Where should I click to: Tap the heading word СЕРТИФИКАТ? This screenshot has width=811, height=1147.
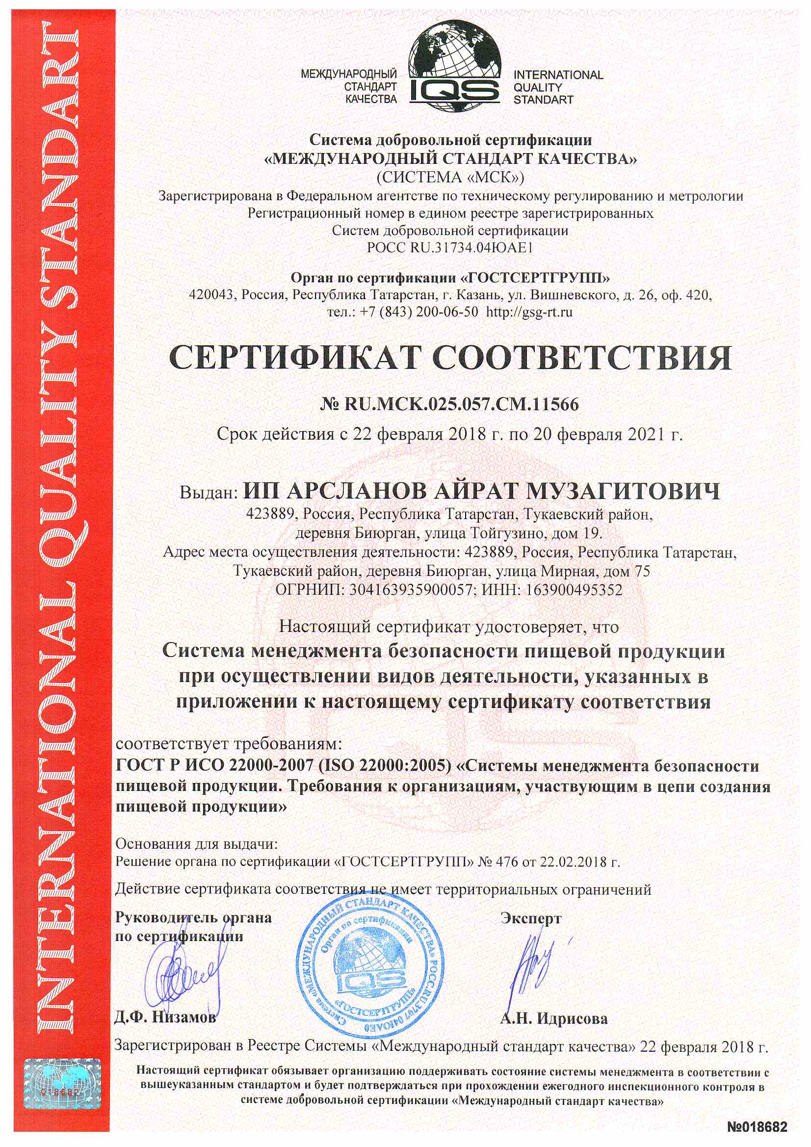[x=293, y=358]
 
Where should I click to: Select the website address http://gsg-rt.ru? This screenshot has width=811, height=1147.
[x=529, y=313]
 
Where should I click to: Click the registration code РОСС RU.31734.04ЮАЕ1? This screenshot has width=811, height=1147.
[x=450, y=248]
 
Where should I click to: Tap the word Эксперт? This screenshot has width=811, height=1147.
[x=531, y=919]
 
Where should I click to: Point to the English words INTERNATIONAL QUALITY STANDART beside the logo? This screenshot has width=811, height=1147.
[x=558, y=87]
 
